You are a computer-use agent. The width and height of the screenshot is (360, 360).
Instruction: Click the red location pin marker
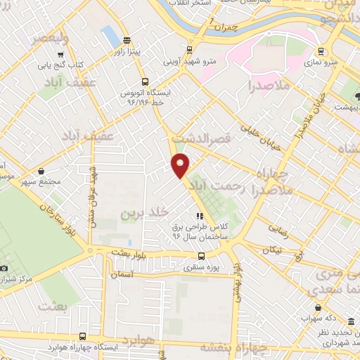coord(181,165)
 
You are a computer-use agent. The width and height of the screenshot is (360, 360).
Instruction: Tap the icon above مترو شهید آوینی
coord(189,50)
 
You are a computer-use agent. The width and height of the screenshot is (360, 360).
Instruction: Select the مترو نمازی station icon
coord(321,51)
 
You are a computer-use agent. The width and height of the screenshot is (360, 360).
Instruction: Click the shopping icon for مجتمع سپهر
coord(41,170)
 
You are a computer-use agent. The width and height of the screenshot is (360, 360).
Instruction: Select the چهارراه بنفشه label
coord(234,347)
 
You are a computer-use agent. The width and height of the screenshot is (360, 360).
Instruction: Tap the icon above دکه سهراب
coord(319,307)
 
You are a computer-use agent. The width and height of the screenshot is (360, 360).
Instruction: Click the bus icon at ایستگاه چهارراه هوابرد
coord(83,336)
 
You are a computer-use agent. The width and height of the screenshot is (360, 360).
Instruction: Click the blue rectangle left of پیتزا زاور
coord(110,35)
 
